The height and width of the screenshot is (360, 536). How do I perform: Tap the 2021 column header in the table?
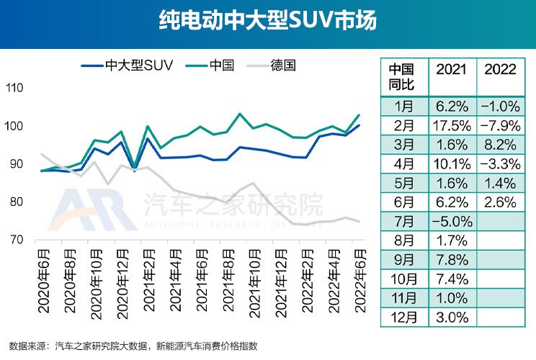(452, 70)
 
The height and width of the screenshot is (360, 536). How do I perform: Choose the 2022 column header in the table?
(501, 70)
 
